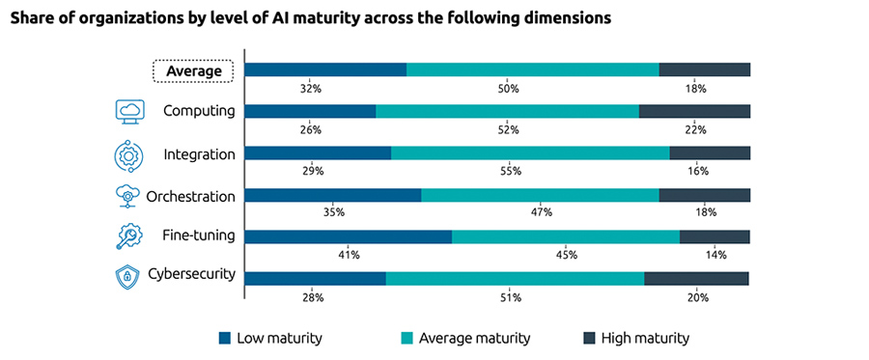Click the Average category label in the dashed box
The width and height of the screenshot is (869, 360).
(x=194, y=70)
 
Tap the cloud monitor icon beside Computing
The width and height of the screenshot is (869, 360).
(x=129, y=111)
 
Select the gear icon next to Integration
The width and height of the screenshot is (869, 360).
(x=129, y=154)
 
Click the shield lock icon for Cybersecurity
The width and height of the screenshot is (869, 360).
(x=127, y=278)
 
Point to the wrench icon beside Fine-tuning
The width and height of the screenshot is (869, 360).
(x=129, y=236)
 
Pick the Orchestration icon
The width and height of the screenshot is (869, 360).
(x=128, y=196)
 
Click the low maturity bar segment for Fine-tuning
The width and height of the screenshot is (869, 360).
(x=349, y=236)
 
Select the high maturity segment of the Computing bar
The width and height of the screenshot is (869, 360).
(x=694, y=111)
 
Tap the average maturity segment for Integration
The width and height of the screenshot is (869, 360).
(x=530, y=152)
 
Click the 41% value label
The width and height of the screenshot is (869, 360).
(x=349, y=255)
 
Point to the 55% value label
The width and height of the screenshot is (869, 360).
(x=511, y=171)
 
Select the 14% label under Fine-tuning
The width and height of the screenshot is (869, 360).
(x=715, y=255)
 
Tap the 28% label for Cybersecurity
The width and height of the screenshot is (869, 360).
(x=312, y=298)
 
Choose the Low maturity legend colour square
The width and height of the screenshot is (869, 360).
(x=225, y=338)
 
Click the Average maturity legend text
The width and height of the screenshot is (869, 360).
(x=475, y=338)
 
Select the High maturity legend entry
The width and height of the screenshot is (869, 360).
(x=636, y=338)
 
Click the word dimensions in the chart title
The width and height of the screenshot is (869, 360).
(x=562, y=17)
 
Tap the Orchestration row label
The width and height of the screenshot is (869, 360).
(x=190, y=196)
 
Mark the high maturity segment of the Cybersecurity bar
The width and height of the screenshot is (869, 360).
(x=696, y=279)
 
